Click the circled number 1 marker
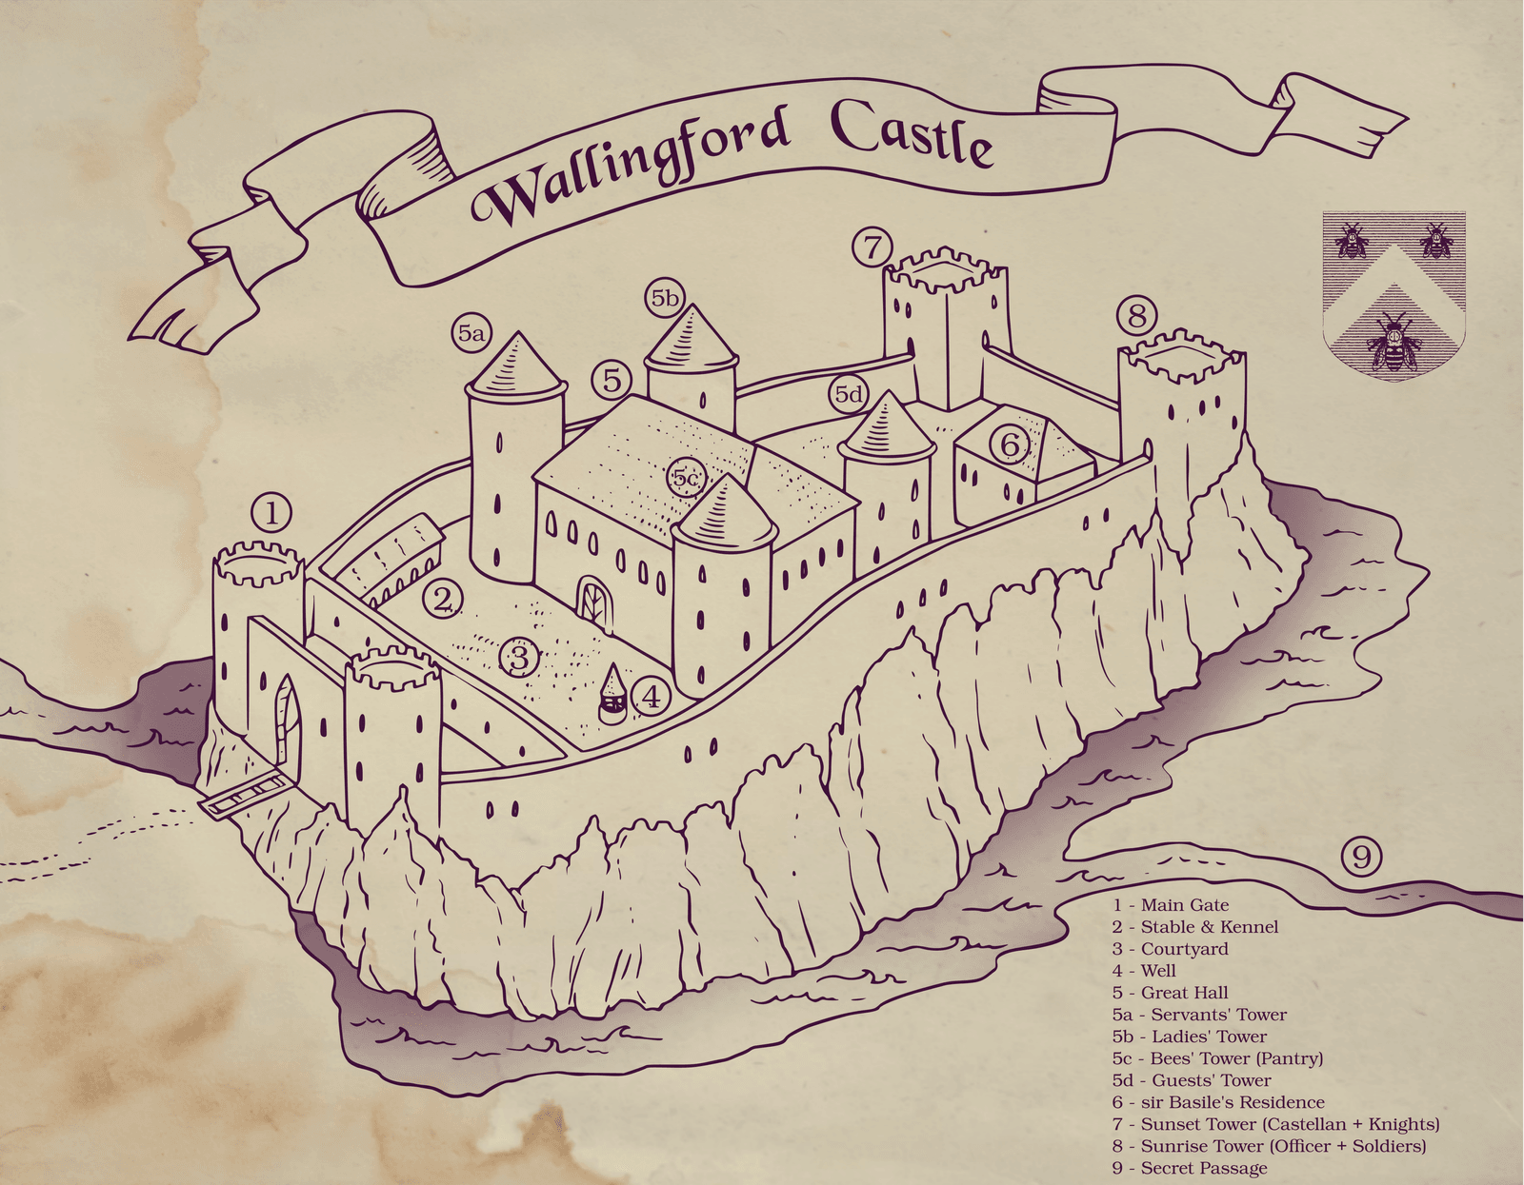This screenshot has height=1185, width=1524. click(272, 514)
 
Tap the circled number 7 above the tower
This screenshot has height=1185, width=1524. click(872, 247)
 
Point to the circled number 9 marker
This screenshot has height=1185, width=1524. click(1361, 858)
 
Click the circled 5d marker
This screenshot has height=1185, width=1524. click(849, 394)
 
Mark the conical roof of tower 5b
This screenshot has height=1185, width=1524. click(692, 341)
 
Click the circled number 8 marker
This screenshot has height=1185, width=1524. click(1136, 315)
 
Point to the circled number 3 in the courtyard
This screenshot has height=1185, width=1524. click(519, 657)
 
